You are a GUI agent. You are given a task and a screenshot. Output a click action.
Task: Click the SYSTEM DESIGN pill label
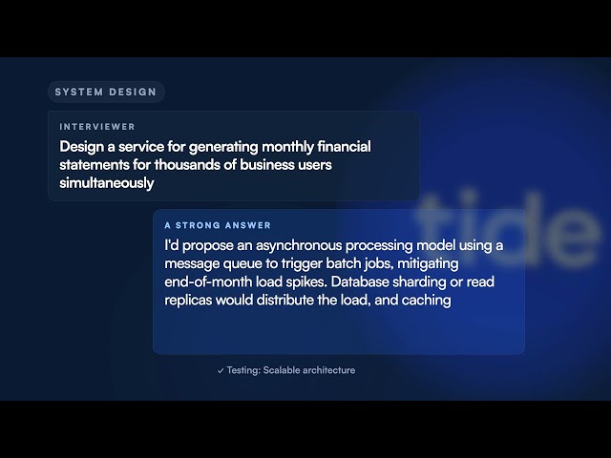106,92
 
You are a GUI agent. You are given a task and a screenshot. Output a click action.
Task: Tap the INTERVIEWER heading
97,127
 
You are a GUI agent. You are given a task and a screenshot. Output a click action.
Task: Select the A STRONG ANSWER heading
218,225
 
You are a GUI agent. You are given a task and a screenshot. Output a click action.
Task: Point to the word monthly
287,147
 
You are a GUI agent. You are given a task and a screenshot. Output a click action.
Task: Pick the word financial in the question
344,146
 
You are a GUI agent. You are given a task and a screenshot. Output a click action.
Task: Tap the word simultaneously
107,183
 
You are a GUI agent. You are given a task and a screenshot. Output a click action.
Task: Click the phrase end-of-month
208,281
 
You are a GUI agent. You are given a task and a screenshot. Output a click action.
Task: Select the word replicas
188,301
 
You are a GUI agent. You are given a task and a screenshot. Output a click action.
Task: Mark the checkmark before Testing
221,371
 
